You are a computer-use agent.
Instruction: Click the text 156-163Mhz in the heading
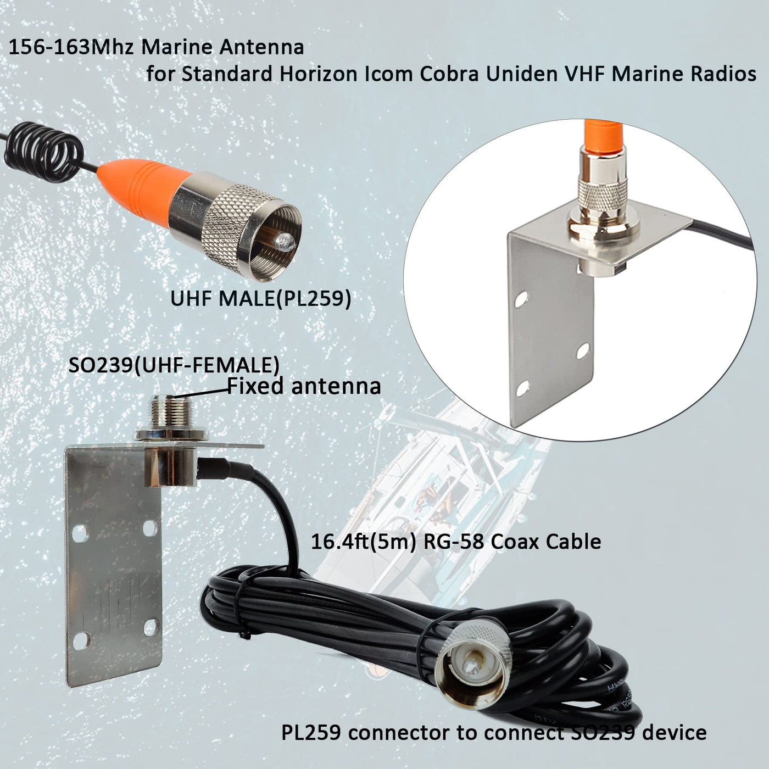[x=72, y=47]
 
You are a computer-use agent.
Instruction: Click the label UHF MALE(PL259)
[x=260, y=299]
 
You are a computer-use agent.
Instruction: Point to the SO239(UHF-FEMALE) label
[x=174, y=365]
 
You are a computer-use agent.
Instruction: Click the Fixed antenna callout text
[x=304, y=386]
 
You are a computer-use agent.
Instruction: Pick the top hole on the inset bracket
[x=521, y=299]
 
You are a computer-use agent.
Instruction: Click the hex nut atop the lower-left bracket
[x=171, y=436]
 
